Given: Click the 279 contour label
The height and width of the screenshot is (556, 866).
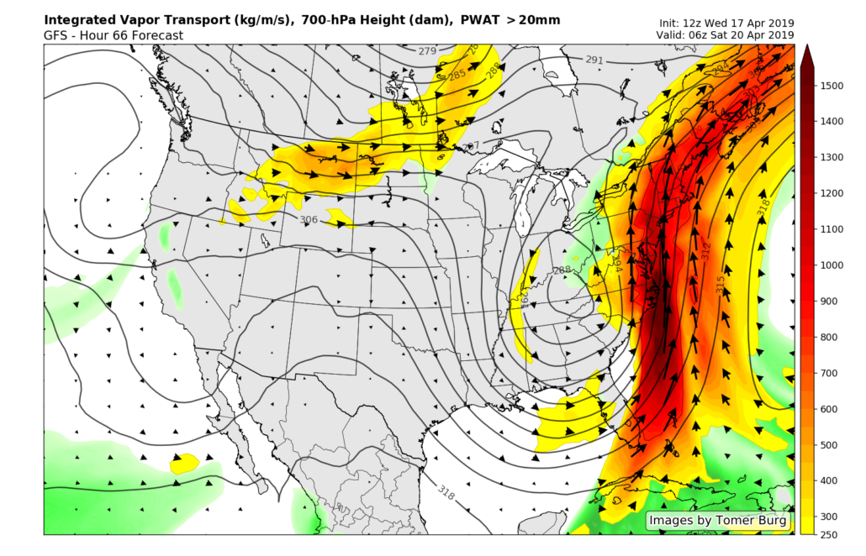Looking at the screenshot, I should tap(427, 51).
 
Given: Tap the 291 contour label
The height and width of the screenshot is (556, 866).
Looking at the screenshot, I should tap(594, 60).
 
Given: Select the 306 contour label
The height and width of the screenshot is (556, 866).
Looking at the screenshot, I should tap(309, 219).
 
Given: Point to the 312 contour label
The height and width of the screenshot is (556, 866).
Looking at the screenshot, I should tap(705, 249).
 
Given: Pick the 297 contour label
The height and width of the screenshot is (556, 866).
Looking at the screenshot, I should tap(471, 146).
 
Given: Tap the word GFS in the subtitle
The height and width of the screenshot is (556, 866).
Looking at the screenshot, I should tap(56, 35).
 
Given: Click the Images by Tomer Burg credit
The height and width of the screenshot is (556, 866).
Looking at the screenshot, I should tap(718, 521).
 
